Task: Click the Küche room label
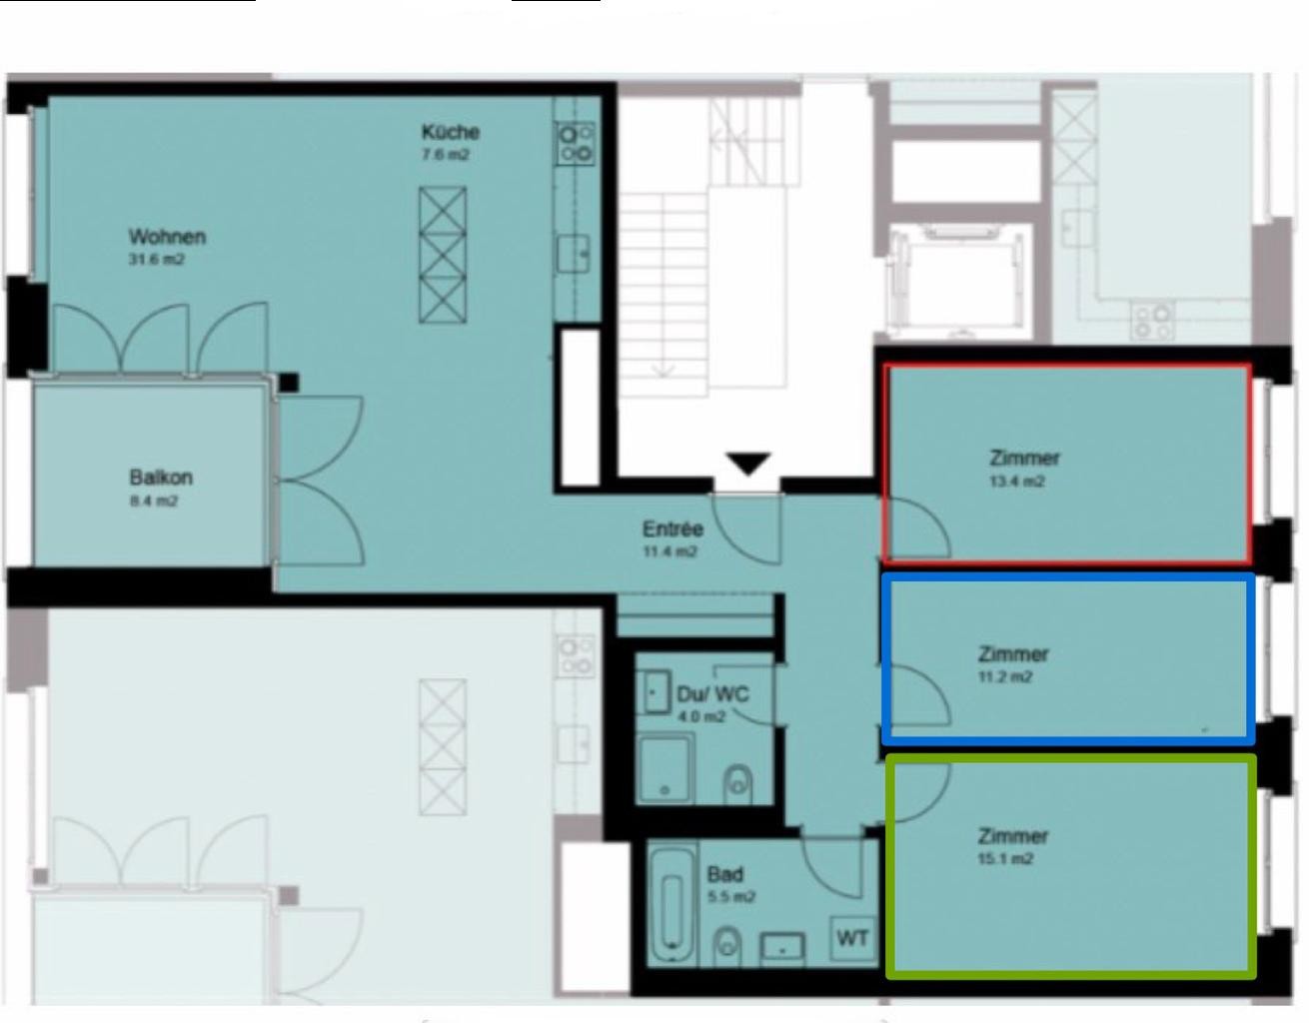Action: [450, 132]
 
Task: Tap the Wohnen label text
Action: [167, 237]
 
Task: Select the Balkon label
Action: [161, 478]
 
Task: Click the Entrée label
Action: [672, 529]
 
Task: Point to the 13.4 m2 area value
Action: [1017, 482]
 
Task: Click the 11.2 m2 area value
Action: [1005, 676]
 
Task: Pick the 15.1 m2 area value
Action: [1005, 858]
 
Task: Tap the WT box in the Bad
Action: [853, 938]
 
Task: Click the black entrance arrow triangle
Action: [748, 465]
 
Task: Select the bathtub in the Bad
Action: [671, 907]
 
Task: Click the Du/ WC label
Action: [713, 694]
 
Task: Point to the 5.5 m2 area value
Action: [730, 897]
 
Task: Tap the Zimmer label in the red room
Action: [1024, 459]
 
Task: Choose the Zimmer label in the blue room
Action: [1012, 654]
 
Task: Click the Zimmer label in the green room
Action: [1012, 836]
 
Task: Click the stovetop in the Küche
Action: [576, 144]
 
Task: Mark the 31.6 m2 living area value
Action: [156, 260]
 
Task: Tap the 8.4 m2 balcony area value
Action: [154, 501]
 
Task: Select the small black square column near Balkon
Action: [289, 383]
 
